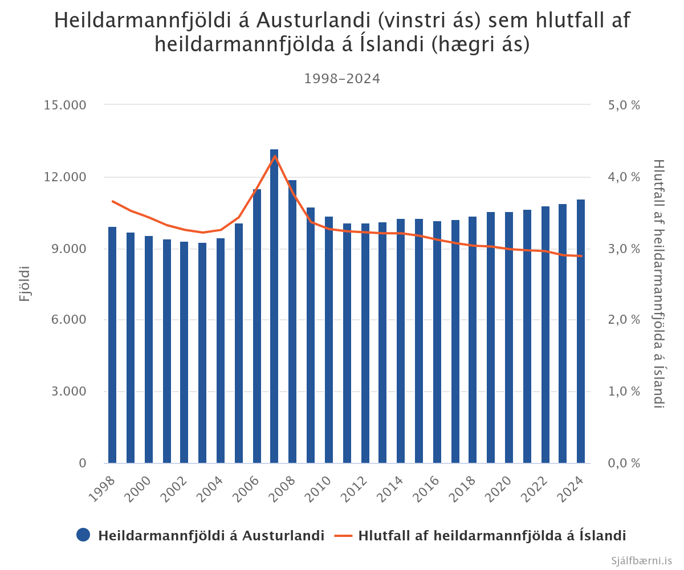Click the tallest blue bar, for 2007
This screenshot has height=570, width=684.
(274, 308)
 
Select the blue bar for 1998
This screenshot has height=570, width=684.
(112, 345)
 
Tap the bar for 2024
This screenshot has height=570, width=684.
(581, 331)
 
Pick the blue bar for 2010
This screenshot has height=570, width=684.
(329, 340)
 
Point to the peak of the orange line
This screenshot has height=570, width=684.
(275, 156)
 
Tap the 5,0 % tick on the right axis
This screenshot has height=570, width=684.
(624, 105)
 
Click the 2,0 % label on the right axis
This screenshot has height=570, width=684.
(624, 320)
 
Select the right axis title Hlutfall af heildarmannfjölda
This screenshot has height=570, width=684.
(659, 283)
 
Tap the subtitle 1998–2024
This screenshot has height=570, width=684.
(342, 79)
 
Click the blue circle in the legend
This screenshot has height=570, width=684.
(83, 535)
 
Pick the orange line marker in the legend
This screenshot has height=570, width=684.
(344, 535)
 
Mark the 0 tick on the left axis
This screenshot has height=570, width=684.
(83, 463)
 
